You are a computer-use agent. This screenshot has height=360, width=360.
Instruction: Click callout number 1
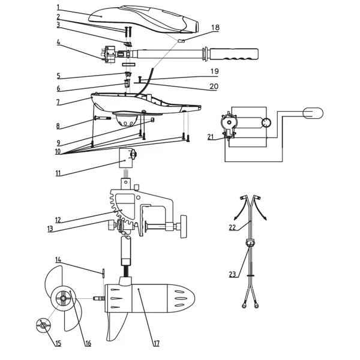[x=58, y=7]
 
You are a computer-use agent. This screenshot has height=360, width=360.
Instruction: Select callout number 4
[x=58, y=42]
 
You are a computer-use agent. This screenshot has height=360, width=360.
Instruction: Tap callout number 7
[x=58, y=102]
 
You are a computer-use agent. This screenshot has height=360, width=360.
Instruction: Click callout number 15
[x=58, y=343]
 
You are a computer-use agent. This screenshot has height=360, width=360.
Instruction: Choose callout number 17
[x=156, y=343]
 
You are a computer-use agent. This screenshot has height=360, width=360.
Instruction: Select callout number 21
[x=211, y=137]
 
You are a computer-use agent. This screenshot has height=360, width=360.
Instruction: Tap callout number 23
[x=232, y=274]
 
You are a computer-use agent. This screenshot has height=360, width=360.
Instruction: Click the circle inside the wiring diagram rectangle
[x=266, y=123]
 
